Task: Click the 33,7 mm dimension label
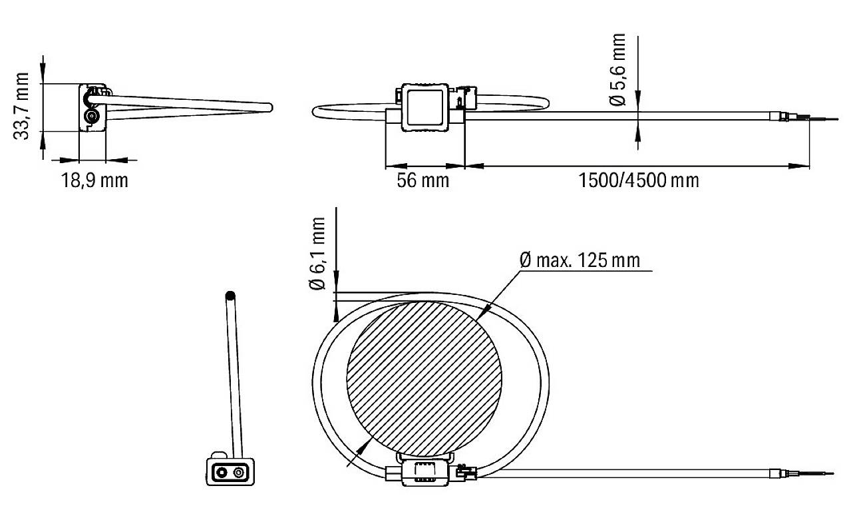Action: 23,107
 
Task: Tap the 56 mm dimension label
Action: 423,180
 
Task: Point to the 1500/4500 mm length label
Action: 639,180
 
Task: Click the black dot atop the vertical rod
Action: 230,295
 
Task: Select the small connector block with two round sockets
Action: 228,473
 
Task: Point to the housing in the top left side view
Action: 92,108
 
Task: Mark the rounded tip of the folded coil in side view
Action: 268,107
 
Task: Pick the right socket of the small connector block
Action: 238,473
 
